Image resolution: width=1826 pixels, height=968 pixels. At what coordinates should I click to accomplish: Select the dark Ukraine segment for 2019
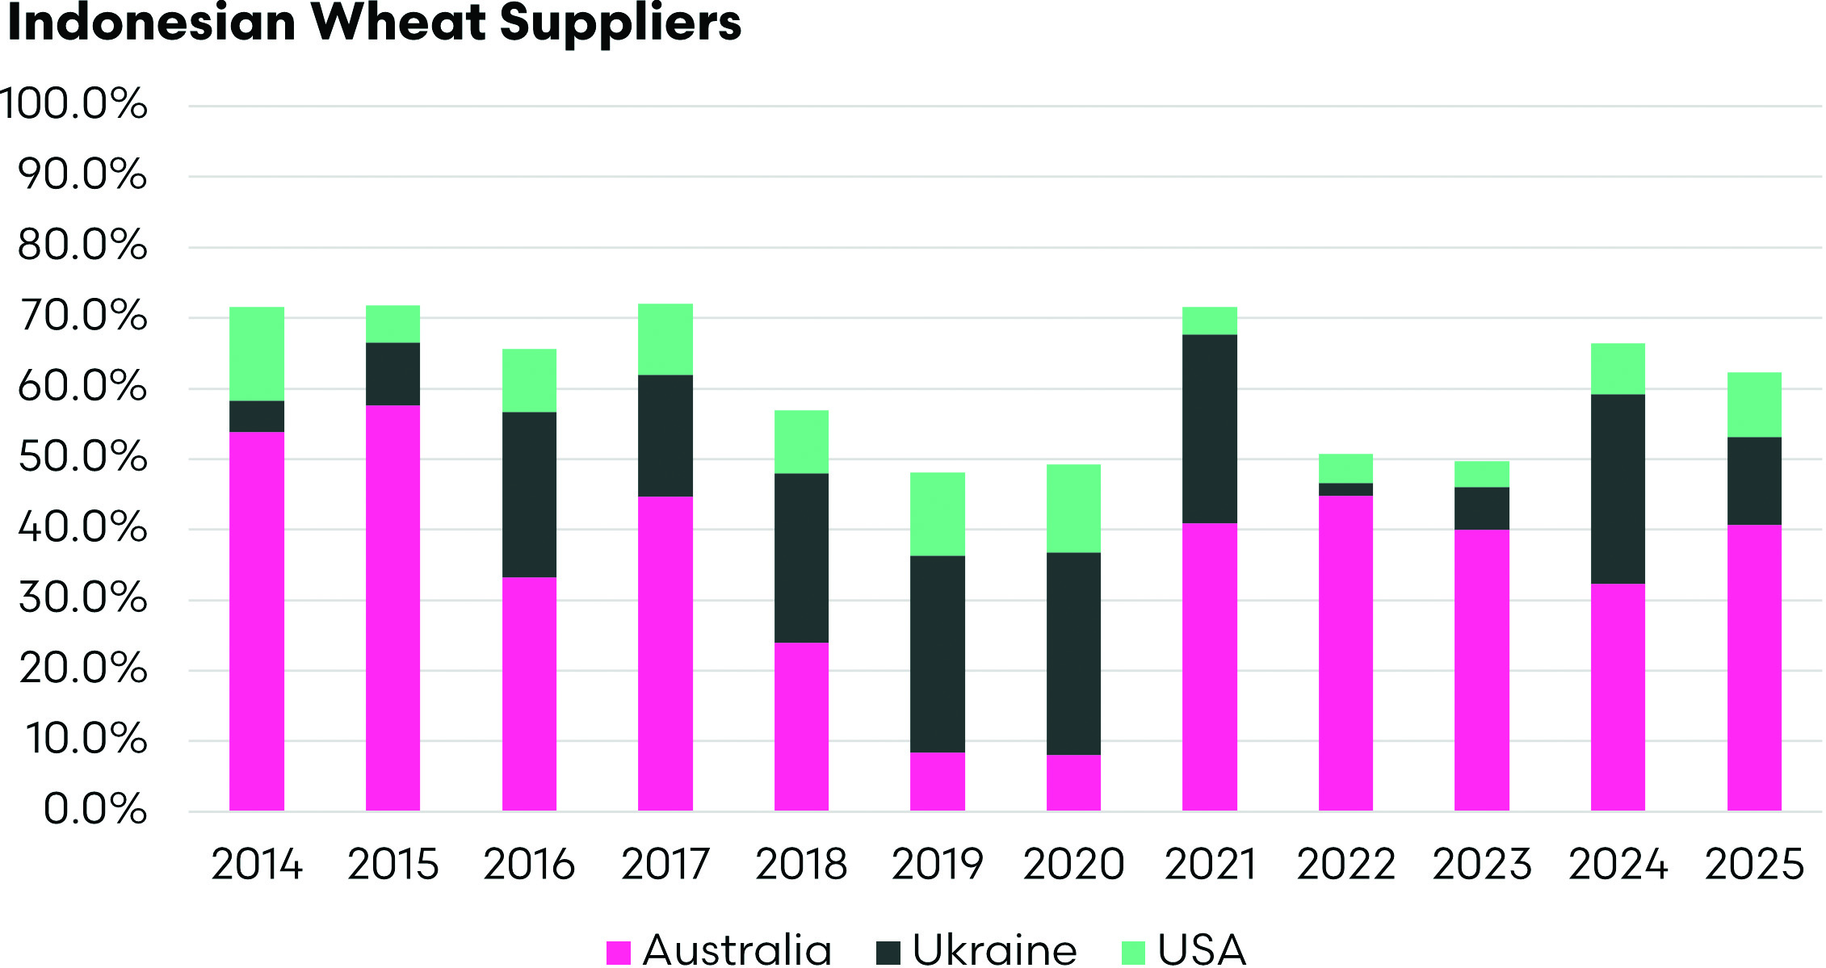[x=937, y=654]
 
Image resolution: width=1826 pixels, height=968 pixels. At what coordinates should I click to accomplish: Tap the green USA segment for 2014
[x=257, y=354]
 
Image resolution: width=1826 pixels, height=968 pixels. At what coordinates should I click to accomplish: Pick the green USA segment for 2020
[x=1073, y=508]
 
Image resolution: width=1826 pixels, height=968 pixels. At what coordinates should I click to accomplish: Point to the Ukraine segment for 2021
[x=1209, y=429]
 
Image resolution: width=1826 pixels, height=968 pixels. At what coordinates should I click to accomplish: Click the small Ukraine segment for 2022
[x=1345, y=489]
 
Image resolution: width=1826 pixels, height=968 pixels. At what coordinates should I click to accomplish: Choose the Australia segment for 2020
[x=1073, y=782]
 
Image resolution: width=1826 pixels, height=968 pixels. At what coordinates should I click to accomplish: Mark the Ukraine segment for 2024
[x=1618, y=488]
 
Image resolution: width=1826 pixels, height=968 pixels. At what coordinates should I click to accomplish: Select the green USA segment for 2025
[x=1754, y=404]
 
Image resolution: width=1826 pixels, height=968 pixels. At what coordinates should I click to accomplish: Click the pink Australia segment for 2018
[x=801, y=726]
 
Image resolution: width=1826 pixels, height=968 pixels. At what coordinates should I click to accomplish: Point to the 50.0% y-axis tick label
[x=82, y=458]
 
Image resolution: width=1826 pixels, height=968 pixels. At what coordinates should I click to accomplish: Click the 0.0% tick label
[x=95, y=809]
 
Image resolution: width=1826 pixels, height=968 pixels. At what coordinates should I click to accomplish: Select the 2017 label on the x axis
[x=665, y=865]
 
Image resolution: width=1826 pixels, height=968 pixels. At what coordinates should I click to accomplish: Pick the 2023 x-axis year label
[x=1482, y=865]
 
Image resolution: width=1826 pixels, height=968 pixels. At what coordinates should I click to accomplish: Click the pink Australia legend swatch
[x=619, y=953]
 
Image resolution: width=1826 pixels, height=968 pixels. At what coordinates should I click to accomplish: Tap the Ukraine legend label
[x=994, y=950]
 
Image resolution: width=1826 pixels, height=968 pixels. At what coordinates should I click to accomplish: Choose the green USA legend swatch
[x=1134, y=953]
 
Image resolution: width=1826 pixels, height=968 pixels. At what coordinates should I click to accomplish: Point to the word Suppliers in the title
[x=620, y=24]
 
